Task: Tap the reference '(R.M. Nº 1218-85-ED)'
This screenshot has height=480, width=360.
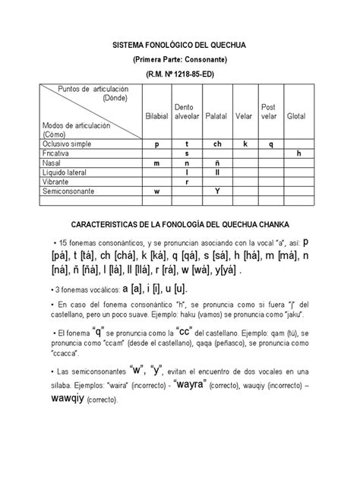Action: point(180,74)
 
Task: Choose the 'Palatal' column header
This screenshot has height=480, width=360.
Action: point(216,116)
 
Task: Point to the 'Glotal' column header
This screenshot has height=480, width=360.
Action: point(297,116)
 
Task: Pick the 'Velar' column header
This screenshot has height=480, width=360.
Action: point(245,116)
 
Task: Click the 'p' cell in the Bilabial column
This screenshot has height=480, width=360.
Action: point(156,143)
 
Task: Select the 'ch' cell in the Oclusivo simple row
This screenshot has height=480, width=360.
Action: point(216,143)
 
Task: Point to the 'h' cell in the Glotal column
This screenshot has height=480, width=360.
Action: point(298,153)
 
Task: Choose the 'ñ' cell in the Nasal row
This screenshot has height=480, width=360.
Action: point(216,163)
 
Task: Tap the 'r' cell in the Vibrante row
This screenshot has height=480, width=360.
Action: point(186,182)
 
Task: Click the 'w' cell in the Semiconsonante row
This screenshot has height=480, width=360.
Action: point(156,192)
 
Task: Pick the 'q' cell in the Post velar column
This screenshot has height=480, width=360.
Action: point(271,143)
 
